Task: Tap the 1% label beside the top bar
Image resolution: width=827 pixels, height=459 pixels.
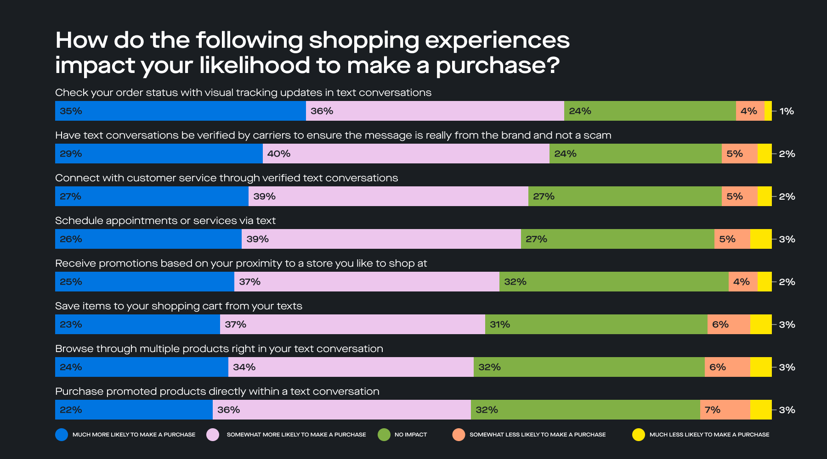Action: [787, 111]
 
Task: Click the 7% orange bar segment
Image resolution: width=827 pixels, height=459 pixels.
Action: [725, 410]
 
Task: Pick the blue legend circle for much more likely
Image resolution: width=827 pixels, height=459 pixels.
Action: [62, 435]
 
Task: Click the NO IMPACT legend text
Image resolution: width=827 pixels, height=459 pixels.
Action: [410, 435]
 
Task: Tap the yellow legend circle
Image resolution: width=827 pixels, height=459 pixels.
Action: [639, 435]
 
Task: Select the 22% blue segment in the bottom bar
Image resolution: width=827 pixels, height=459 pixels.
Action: [134, 410]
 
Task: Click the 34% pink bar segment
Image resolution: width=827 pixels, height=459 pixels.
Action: [351, 367]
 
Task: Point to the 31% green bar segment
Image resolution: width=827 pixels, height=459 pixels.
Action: [596, 325]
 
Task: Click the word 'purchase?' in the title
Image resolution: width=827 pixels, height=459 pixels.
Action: [498, 66]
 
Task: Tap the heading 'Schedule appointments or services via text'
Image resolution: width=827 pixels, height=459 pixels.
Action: [165, 221]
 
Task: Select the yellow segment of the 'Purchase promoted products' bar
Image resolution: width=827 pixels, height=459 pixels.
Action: [761, 410]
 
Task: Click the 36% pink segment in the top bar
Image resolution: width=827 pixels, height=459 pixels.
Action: [435, 111]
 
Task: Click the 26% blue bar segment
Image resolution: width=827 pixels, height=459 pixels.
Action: [148, 239]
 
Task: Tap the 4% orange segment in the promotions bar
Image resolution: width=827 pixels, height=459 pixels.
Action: [742, 282]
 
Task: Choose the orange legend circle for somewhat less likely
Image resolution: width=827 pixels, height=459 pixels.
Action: [459, 435]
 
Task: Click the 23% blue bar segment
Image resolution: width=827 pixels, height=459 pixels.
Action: [137, 325]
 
